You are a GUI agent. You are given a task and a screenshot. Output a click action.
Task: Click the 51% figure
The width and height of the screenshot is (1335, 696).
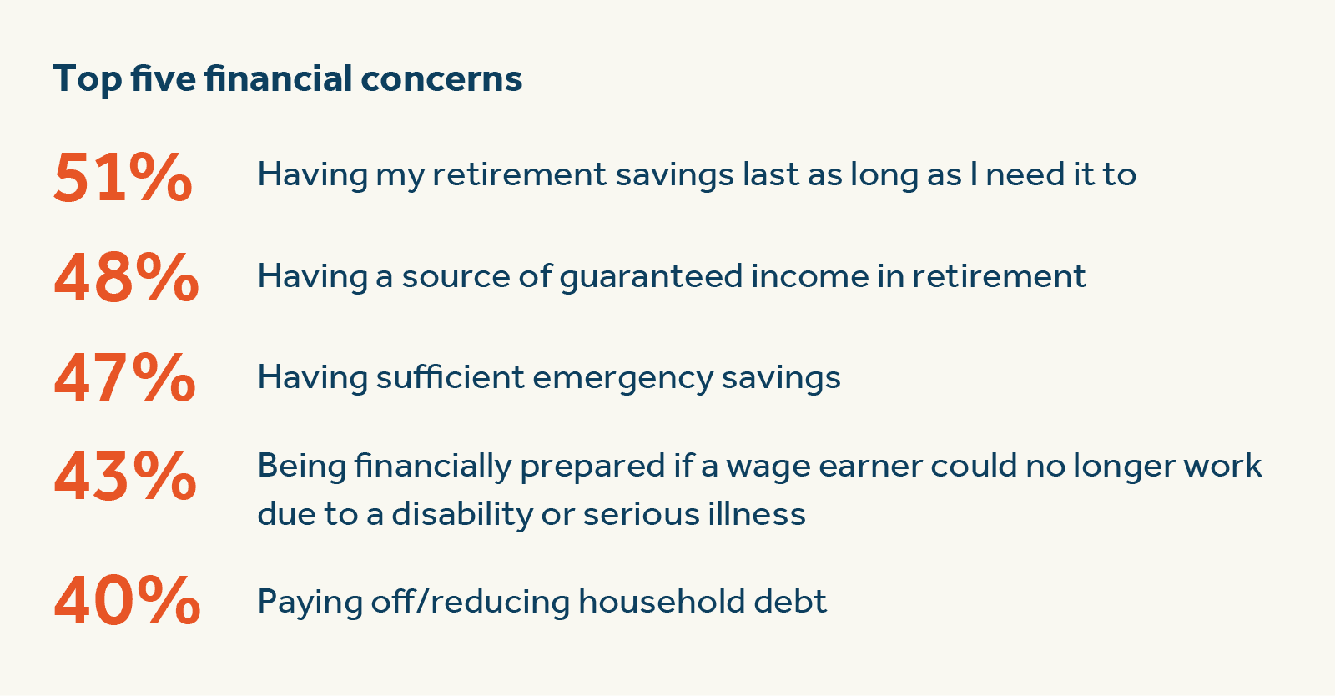123,177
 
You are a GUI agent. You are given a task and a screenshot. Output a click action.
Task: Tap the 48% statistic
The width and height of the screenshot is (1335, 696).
126,278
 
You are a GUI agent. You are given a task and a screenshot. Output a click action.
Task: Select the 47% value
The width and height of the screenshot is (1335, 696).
124,378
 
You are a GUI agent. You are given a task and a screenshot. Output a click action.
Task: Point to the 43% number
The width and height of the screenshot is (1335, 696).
125,477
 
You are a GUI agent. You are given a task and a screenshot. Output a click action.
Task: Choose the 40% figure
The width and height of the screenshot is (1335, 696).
127,600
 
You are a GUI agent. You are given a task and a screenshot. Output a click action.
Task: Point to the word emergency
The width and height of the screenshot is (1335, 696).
622,378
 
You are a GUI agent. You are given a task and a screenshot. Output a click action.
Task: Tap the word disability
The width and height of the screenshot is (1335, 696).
461,514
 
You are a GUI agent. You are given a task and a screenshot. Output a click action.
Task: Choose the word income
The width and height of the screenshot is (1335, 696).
809,276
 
